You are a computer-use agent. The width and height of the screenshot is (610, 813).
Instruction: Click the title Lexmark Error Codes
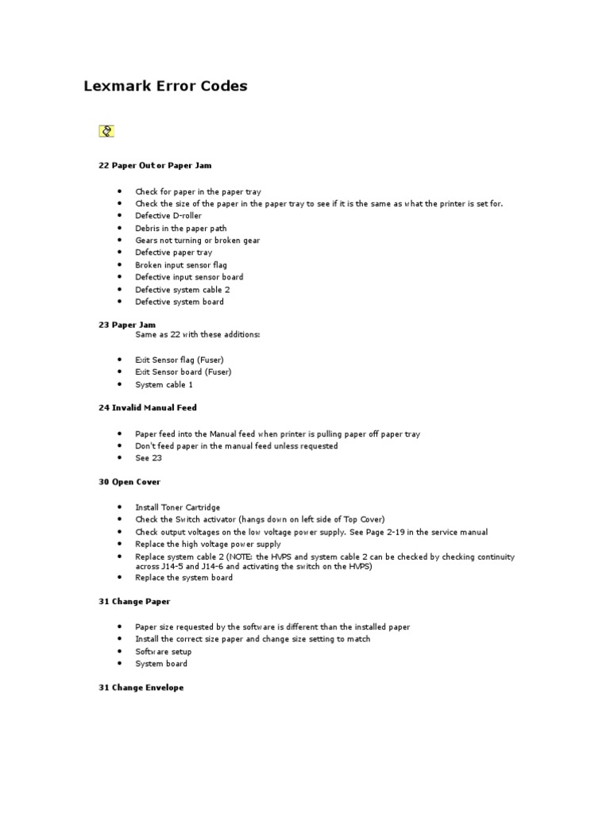coord(165,87)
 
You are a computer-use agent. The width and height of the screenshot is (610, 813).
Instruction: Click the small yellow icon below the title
coord(106,131)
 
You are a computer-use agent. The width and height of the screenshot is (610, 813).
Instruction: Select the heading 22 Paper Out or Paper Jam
coord(155,165)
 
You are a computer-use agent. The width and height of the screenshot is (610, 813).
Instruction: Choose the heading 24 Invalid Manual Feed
coord(148,407)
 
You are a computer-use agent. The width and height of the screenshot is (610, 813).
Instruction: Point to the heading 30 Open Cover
coord(129,482)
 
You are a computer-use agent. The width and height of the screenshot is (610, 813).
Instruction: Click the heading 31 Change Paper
coord(134,602)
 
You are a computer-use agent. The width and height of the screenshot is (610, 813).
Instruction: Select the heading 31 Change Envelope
coord(141,688)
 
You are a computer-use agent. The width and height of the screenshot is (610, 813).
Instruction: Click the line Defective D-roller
coord(168,216)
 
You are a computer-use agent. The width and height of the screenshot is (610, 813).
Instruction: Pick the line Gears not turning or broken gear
coord(197,241)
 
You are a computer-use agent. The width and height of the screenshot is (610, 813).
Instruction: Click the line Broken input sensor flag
coord(181,265)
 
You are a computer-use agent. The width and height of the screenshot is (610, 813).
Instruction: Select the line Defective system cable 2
coord(183,290)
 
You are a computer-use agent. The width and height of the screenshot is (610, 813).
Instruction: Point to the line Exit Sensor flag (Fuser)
coord(180,360)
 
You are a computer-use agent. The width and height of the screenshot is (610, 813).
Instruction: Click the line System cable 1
coord(164,385)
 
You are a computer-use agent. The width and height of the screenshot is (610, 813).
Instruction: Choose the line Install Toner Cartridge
coord(178,507)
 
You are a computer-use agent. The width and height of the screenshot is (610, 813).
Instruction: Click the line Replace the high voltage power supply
coord(208,545)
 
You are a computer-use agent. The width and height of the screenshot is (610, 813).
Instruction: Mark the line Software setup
coord(163,652)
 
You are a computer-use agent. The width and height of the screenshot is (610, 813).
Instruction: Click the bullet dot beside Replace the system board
coord(118,578)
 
